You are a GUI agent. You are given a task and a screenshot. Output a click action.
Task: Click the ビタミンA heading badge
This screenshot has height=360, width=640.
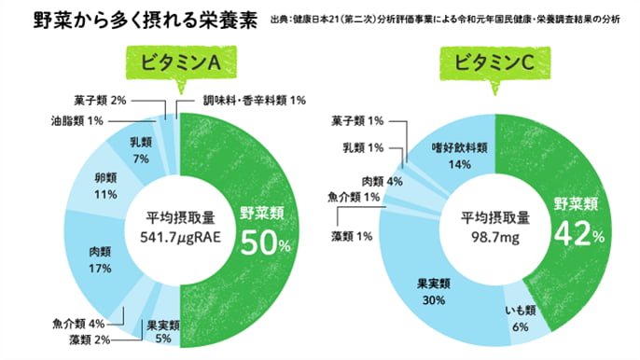pyautogui.click(x=179, y=63)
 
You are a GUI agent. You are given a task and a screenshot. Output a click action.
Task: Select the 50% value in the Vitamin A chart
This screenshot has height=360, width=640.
pyautogui.click(x=265, y=243)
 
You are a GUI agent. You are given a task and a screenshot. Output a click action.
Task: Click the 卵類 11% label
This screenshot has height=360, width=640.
pyautogui.click(x=104, y=186)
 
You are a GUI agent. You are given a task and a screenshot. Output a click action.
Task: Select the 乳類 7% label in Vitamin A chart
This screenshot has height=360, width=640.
pyautogui.click(x=141, y=151)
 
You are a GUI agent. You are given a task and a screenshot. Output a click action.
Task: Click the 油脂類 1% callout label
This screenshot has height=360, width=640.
pyautogui.click(x=85, y=121)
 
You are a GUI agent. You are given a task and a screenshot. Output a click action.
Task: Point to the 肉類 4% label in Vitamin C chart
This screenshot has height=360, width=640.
pyautogui.click(x=382, y=180)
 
